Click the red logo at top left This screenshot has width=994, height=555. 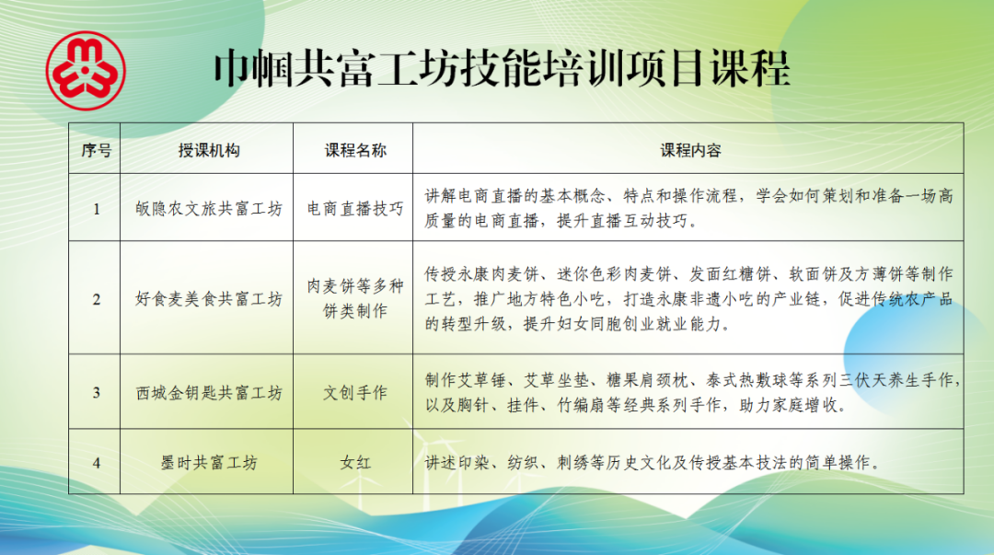point(86,71)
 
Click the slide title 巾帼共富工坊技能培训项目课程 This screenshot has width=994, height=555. point(502,68)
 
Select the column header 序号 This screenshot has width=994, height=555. point(97,150)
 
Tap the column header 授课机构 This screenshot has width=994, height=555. point(209,150)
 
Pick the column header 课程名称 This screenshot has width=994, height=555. point(355,150)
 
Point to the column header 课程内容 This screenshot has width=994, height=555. point(690,150)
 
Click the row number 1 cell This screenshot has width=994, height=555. point(97,209)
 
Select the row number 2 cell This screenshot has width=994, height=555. point(97,299)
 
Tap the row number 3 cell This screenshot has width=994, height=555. point(97,393)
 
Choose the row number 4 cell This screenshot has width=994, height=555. point(97,462)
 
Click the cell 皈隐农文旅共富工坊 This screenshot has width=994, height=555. point(209,209)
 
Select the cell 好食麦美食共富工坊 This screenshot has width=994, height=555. point(209,299)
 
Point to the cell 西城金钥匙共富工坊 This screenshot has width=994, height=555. point(209,393)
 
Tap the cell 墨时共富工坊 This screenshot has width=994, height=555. point(209,462)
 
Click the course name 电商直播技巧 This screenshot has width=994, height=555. point(355,209)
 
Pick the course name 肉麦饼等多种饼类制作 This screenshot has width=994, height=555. point(355,299)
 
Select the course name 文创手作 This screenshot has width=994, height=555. point(355,393)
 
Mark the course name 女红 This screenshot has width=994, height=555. point(355,462)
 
